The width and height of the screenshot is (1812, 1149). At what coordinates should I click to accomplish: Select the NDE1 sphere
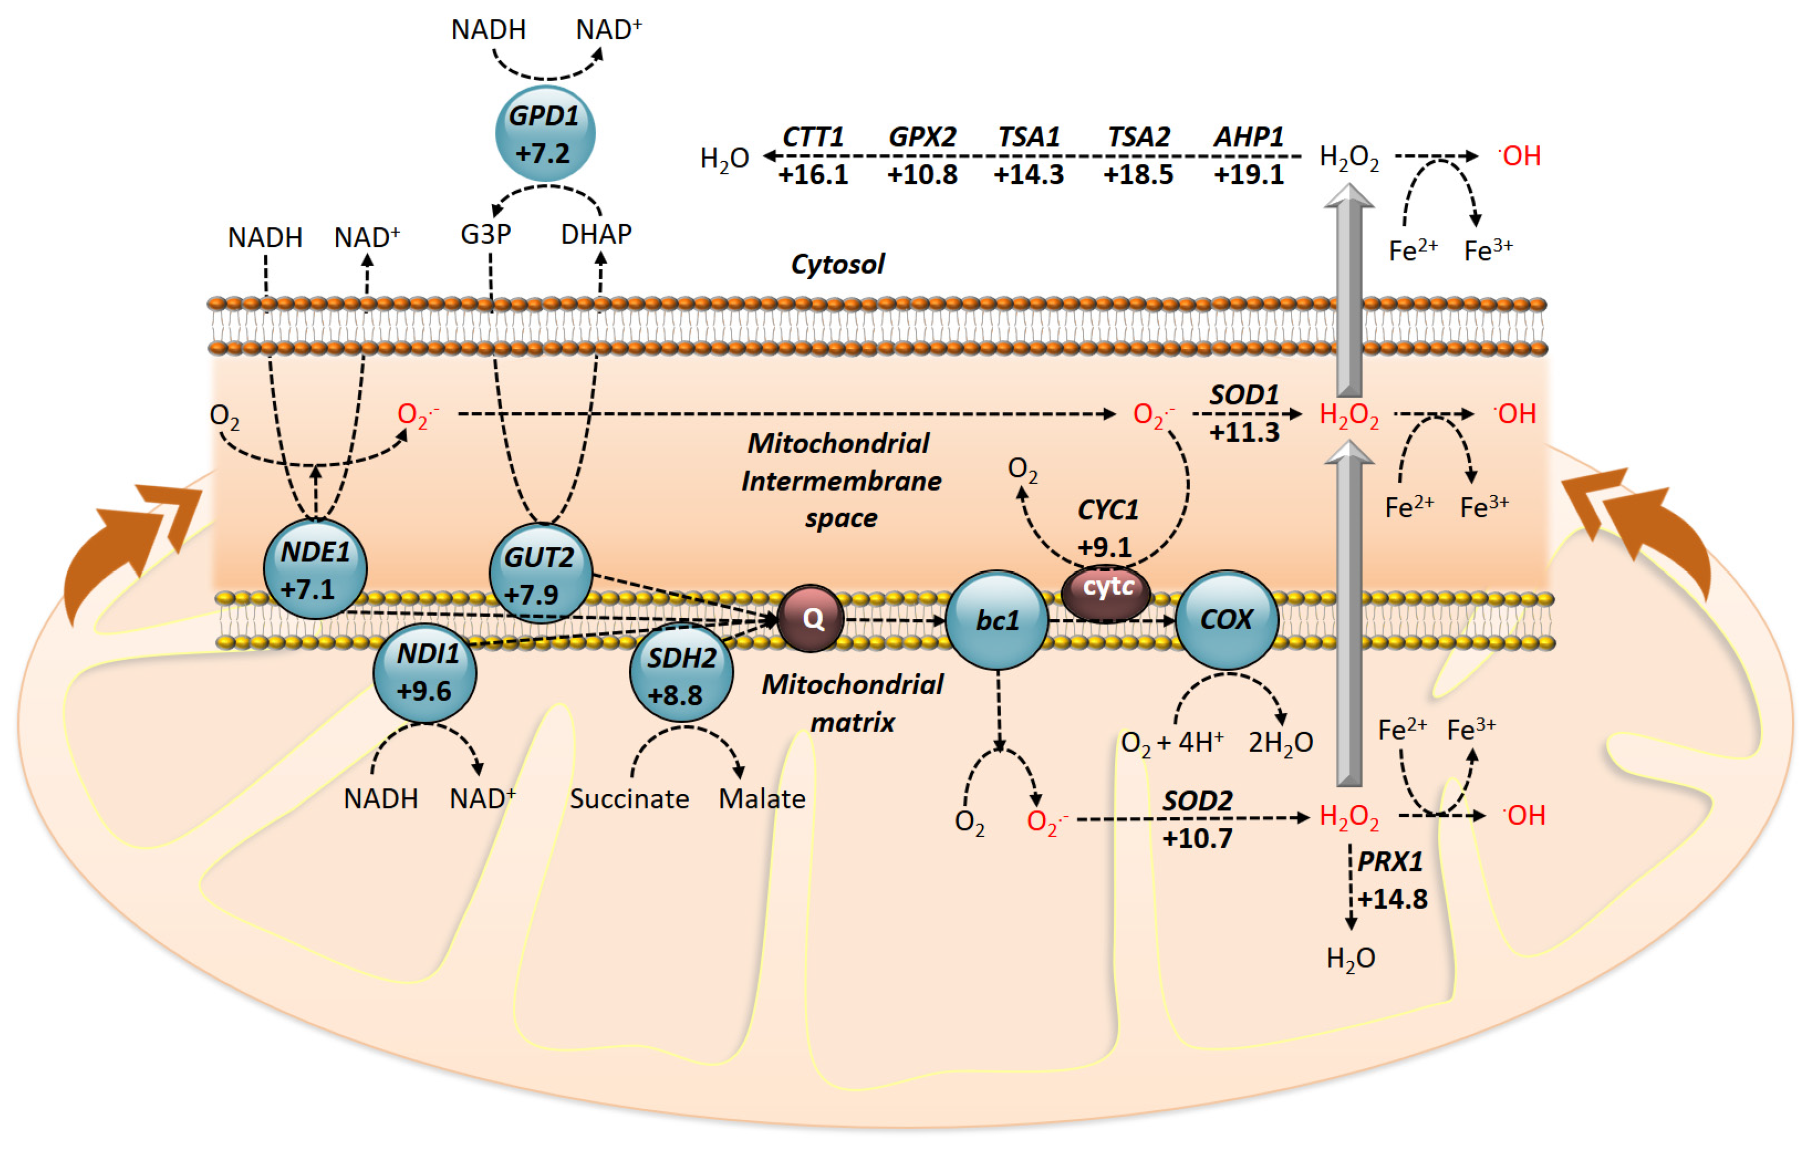pos(315,570)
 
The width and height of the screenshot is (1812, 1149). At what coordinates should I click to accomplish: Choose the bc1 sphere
pos(997,620)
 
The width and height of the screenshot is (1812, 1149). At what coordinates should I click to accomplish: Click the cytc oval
pos(1106,592)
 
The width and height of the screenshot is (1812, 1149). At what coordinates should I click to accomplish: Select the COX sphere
pos(1226,619)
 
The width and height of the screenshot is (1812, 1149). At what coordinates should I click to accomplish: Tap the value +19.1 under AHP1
pos(1248,174)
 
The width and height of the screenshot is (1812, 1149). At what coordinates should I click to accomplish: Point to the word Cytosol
pos(838,264)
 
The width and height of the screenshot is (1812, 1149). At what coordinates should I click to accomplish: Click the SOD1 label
pos(1244,395)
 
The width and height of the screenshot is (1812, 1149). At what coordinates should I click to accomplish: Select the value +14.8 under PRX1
pos(1391,899)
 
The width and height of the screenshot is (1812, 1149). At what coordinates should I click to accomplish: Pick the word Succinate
pos(629,798)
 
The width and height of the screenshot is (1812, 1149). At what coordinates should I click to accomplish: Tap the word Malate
pos(762,798)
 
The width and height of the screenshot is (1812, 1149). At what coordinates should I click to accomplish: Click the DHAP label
pos(596,234)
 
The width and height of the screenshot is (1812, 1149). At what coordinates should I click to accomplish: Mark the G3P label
pos(486,234)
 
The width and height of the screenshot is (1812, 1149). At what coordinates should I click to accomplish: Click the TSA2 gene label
pos(1138,137)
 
